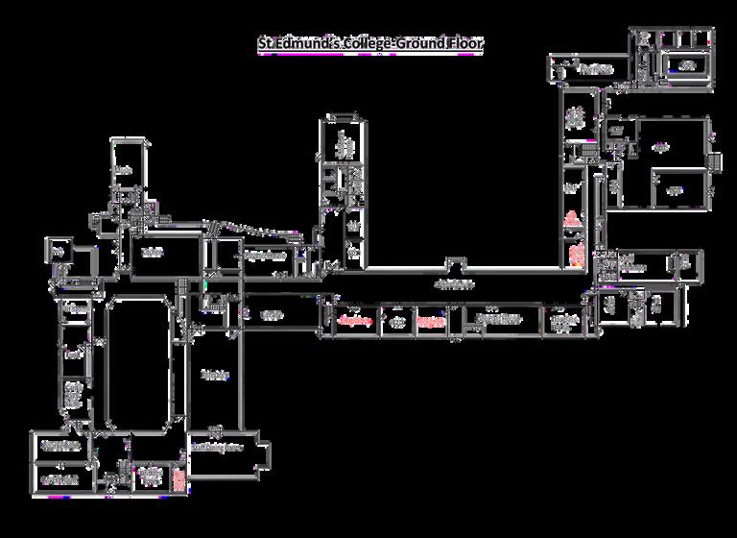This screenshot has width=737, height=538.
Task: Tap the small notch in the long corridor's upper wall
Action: point(457,264)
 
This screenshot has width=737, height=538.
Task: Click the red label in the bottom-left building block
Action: point(178,477)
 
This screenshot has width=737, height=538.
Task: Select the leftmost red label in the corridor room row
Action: point(355,321)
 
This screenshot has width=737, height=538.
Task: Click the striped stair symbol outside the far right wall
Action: point(715,161)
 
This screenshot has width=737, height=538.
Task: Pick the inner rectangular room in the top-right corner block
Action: point(687,65)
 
